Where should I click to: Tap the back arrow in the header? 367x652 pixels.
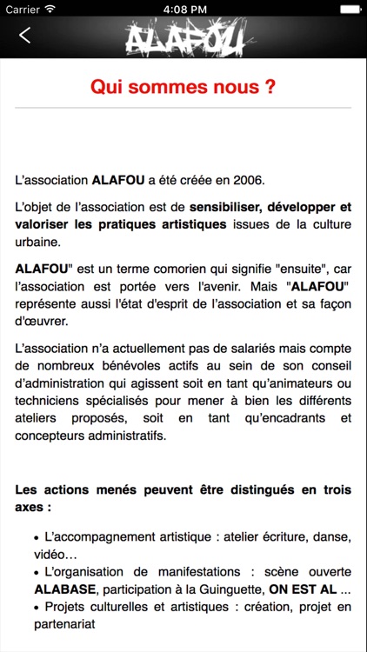pyautogui.click(x=24, y=36)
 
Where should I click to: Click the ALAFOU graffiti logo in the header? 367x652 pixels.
pyautogui.click(x=184, y=37)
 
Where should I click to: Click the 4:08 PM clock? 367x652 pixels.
pyautogui.click(x=183, y=9)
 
